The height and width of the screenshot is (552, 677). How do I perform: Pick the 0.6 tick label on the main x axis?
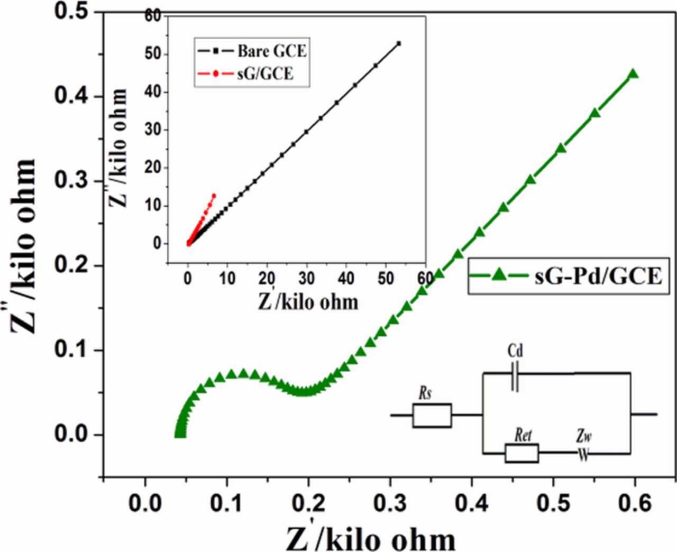pos(637,503)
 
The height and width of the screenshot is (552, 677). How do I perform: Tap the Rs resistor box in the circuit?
pos(432,415)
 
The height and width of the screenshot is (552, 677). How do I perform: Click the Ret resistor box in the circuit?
pos(522,453)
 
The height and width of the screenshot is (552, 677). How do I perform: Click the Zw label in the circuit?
pos(584,437)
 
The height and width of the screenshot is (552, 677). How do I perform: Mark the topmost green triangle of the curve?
pos(633,74)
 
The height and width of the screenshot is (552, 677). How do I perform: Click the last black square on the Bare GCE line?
pos(399,43)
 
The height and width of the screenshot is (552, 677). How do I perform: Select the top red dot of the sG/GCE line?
pos(214,196)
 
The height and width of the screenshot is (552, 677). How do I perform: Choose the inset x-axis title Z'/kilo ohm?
pos(308,301)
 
